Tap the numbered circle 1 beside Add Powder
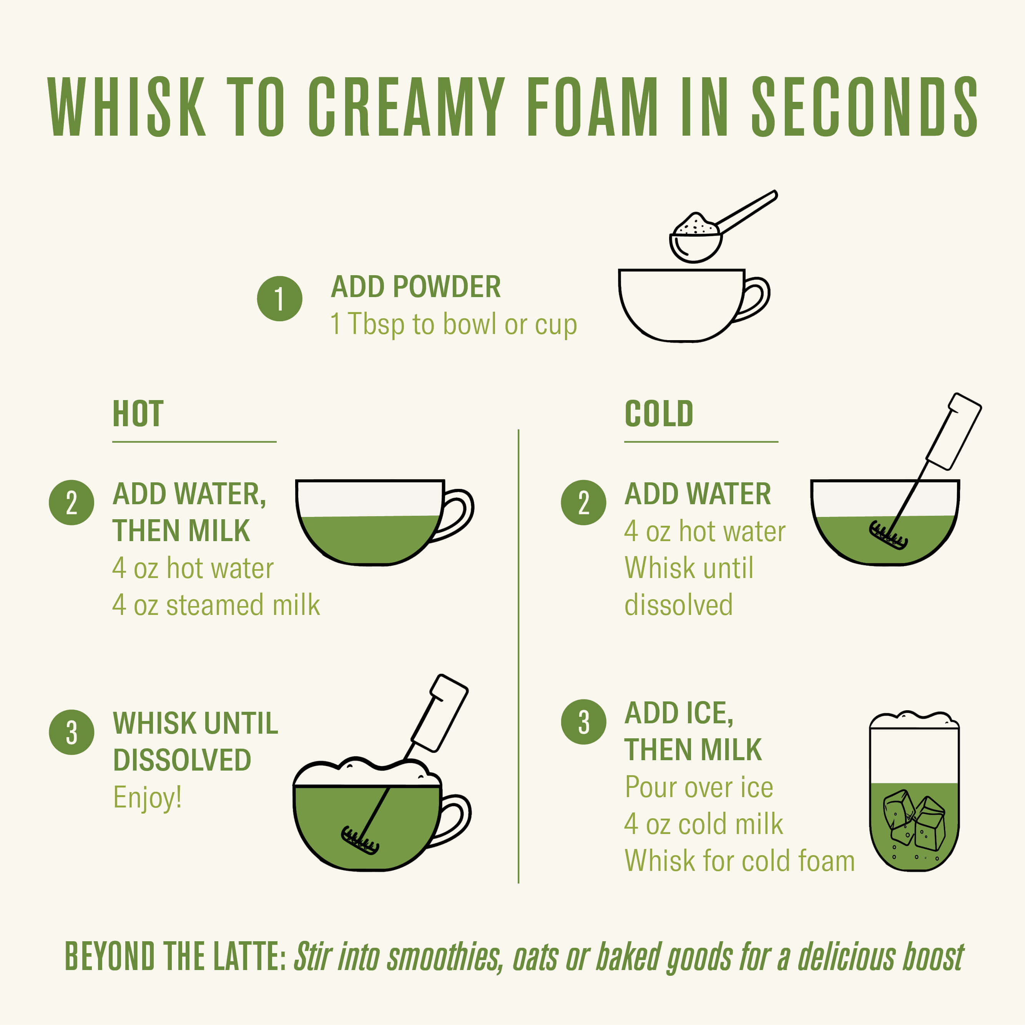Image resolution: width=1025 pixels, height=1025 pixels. pyautogui.click(x=279, y=299)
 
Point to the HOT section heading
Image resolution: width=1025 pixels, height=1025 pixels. pyautogui.click(x=138, y=414)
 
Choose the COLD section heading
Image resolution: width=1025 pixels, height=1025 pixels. pyautogui.click(x=658, y=414)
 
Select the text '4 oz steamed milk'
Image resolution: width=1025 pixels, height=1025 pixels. pyautogui.click(x=216, y=605)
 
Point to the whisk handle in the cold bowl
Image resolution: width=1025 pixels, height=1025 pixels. pyautogui.click(x=954, y=431)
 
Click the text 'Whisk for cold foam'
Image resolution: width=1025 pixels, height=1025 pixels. pyautogui.click(x=739, y=861)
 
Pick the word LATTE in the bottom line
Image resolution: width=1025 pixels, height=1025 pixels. pyautogui.click(x=249, y=957)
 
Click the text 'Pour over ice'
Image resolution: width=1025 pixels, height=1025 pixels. pyautogui.click(x=699, y=787)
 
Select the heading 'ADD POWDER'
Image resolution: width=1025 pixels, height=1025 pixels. pyautogui.click(x=416, y=287)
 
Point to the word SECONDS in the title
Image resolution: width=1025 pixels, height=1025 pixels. pyautogui.click(x=865, y=106)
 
